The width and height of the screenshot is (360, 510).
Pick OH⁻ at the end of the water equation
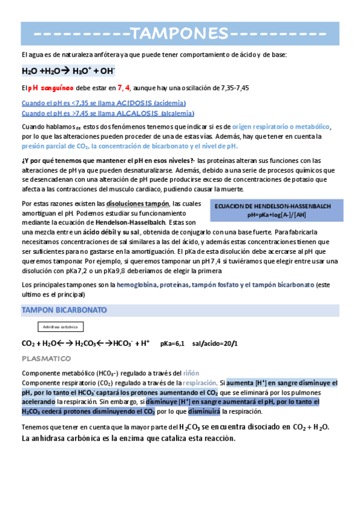tap(108, 71)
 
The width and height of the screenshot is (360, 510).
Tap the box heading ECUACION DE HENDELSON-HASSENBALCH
tap(272, 206)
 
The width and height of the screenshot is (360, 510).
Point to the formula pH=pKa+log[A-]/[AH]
tap(272, 214)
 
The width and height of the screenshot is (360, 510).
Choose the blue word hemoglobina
tap(138, 284)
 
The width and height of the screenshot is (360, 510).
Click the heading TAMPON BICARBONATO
tap(64, 310)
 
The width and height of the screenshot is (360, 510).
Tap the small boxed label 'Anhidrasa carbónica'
tap(60, 327)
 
